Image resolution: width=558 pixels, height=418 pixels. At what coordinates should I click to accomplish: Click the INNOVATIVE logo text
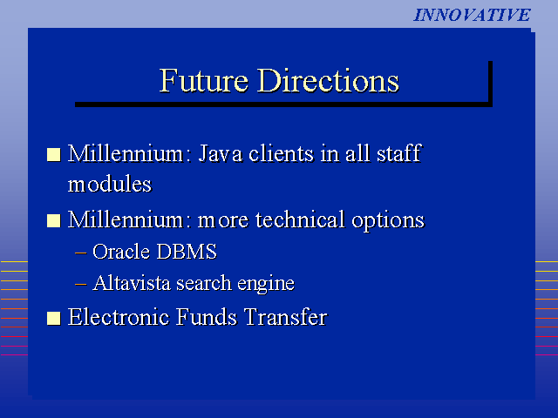[472, 16]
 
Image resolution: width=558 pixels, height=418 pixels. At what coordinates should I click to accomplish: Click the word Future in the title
[203, 80]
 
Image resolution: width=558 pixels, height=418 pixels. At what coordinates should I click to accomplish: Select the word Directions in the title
[328, 80]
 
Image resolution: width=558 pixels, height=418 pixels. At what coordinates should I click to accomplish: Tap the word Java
[221, 153]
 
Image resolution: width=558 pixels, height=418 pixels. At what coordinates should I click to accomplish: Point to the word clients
[281, 153]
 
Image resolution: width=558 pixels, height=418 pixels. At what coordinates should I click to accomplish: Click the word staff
[399, 153]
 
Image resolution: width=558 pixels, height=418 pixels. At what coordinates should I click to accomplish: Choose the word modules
[110, 184]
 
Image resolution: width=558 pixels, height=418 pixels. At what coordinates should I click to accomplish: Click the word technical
[300, 219]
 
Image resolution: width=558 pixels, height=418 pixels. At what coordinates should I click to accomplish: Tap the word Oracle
[121, 252]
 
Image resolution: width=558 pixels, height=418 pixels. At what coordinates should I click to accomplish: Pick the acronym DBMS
[186, 252]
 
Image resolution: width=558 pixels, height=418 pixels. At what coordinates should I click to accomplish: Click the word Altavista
[132, 283]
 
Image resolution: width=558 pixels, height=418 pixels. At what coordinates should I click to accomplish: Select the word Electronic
[119, 317]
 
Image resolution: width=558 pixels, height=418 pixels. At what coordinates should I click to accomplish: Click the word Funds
[207, 317]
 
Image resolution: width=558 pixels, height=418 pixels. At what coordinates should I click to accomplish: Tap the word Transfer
[286, 317]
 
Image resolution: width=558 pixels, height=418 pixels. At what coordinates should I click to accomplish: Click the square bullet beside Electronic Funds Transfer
[54, 319]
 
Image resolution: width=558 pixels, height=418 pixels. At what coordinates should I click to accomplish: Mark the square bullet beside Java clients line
[54, 155]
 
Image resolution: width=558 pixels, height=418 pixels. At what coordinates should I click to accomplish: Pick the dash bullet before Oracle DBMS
[81, 253]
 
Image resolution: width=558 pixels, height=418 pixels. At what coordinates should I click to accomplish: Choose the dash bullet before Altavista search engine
[81, 284]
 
